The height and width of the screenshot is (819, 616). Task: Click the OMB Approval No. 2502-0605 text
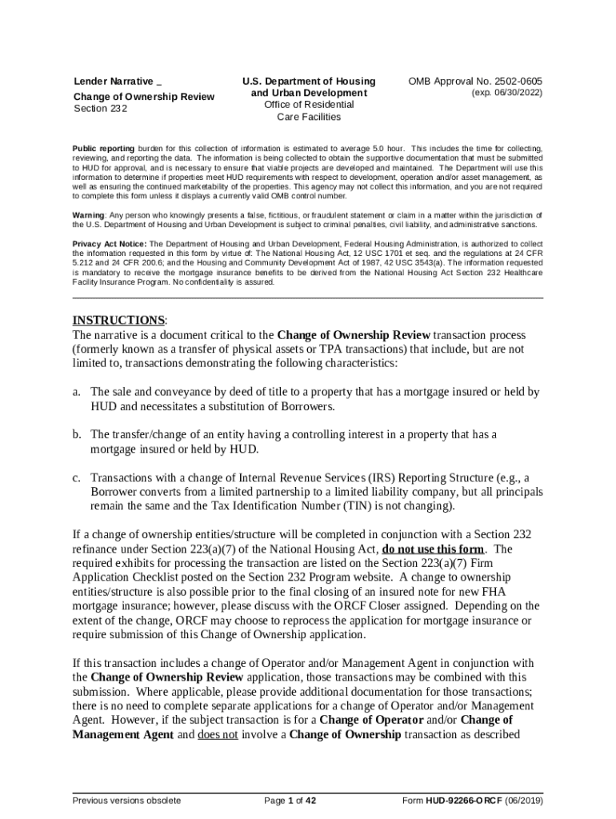pos(474,82)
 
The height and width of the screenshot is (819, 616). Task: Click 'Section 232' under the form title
pos(100,109)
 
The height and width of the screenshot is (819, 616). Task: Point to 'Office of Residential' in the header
pos(309,105)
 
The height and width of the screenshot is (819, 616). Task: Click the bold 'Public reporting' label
pos(103,150)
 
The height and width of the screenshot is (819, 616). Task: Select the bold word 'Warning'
pos(88,216)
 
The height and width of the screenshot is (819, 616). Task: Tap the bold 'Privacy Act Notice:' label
pos(110,244)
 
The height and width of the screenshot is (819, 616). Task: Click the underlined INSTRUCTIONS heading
pos(118,321)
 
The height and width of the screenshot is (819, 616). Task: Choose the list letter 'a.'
pos(77,392)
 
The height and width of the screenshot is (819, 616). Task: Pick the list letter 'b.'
pos(77,434)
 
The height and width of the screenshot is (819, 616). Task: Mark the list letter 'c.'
pos(77,477)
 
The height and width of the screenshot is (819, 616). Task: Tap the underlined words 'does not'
pos(218,735)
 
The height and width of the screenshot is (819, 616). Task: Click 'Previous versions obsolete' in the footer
pos(126,801)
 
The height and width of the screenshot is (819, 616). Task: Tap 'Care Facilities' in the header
pos(309,117)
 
